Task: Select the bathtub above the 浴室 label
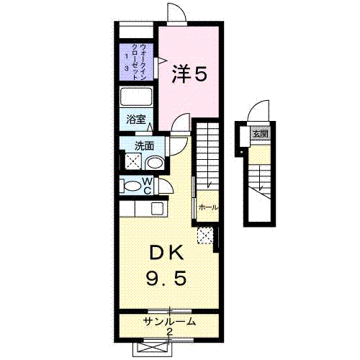click(136, 98)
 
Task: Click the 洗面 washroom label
click(144, 145)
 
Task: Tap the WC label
click(147, 186)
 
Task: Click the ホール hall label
click(208, 207)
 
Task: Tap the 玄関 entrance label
click(259, 133)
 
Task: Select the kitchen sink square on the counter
click(156, 209)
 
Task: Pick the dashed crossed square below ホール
click(205, 235)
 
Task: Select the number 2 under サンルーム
click(169, 331)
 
